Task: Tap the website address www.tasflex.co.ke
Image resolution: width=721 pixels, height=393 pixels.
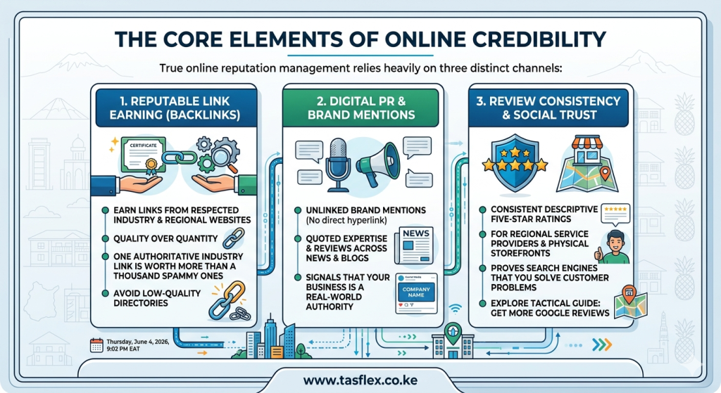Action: [360, 380]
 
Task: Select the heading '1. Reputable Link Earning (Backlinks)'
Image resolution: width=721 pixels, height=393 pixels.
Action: [175, 108]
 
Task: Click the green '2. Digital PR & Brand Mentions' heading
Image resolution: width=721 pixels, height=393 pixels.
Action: [361, 108]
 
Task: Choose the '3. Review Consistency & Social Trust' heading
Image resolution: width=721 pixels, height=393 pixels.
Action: [548, 108]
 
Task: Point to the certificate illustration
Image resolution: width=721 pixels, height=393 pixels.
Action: [143, 155]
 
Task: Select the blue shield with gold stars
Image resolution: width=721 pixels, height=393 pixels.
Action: [515, 162]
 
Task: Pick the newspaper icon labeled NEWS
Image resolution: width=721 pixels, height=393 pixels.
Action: [414, 245]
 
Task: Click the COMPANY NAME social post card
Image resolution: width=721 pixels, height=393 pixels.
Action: [416, 293]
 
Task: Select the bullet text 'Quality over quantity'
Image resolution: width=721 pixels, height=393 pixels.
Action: [165, 239]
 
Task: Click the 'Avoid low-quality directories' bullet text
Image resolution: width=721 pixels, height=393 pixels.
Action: [157, 298]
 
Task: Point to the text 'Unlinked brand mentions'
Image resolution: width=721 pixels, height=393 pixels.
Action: [366, 210]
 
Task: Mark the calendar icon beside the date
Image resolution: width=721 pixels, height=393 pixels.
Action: [96, 344]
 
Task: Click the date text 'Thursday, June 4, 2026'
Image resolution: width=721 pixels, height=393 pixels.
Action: [137, 342]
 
